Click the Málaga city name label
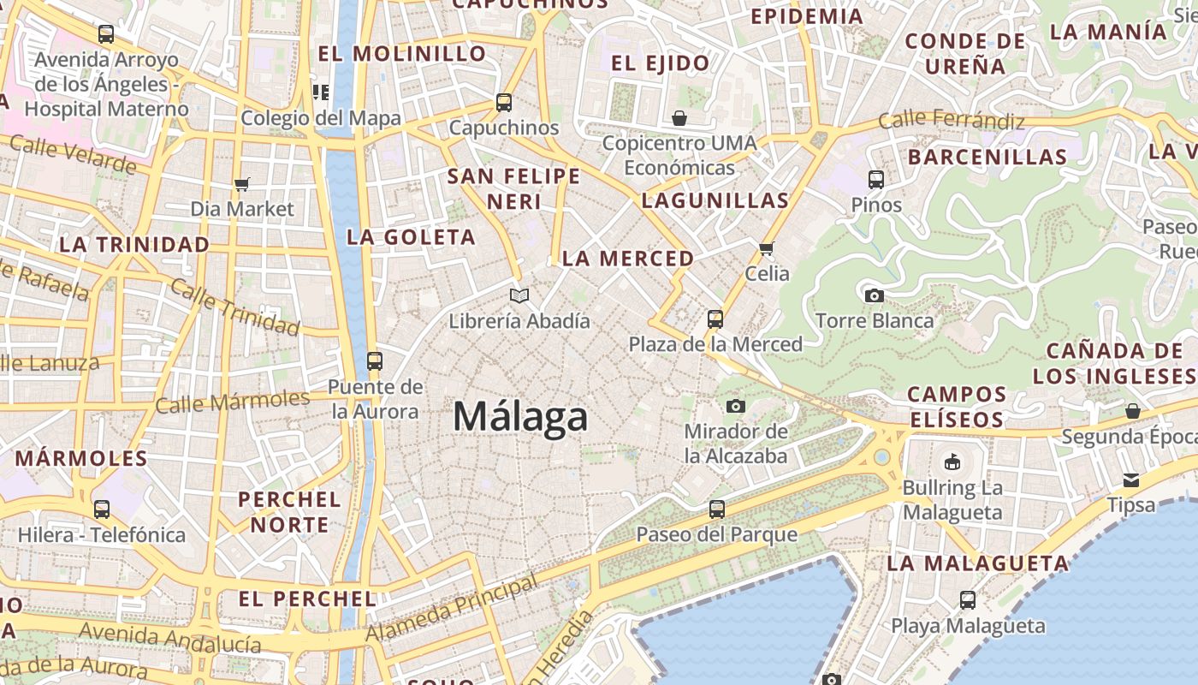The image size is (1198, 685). point(520,417)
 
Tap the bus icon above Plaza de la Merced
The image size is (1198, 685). point(715,319)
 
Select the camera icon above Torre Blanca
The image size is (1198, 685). point(874,295)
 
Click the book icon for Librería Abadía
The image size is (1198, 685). point(519,295)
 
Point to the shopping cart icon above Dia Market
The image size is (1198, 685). point(241,184)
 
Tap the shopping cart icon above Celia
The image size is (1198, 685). point(766,248)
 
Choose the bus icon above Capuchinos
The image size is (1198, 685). point(504,103)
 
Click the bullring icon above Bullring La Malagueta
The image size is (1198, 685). point(952,462)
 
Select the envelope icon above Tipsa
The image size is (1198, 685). point(1131,479)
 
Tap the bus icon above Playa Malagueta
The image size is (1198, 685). point(968,599)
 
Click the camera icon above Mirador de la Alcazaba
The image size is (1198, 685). point(736,405)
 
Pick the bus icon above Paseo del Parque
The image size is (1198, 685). point(717,509)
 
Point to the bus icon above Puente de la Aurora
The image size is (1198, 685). point(375,360)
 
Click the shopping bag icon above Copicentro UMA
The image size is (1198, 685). point(679,117)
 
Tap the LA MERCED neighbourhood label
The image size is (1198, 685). point(628,259)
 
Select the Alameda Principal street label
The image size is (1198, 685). point(453,609)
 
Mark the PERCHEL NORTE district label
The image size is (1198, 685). point(289,512)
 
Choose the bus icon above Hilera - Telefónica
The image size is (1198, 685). point(102,509)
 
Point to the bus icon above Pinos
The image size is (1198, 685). point(876,179)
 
